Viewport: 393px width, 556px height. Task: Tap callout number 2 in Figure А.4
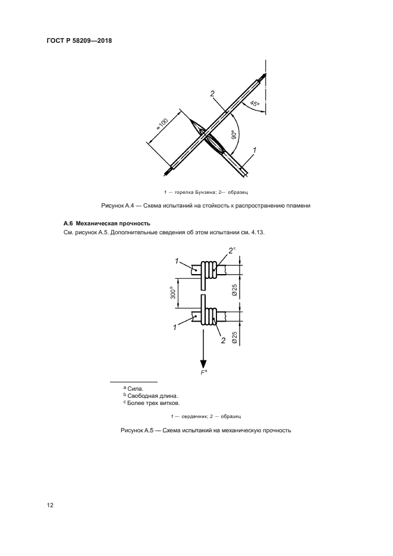pos(212,93)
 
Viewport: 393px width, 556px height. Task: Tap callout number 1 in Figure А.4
pos(254,152)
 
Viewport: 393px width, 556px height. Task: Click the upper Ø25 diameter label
pos(235,291)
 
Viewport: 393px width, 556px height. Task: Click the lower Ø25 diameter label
pos(235,337)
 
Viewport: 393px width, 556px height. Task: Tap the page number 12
pos(50,505)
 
